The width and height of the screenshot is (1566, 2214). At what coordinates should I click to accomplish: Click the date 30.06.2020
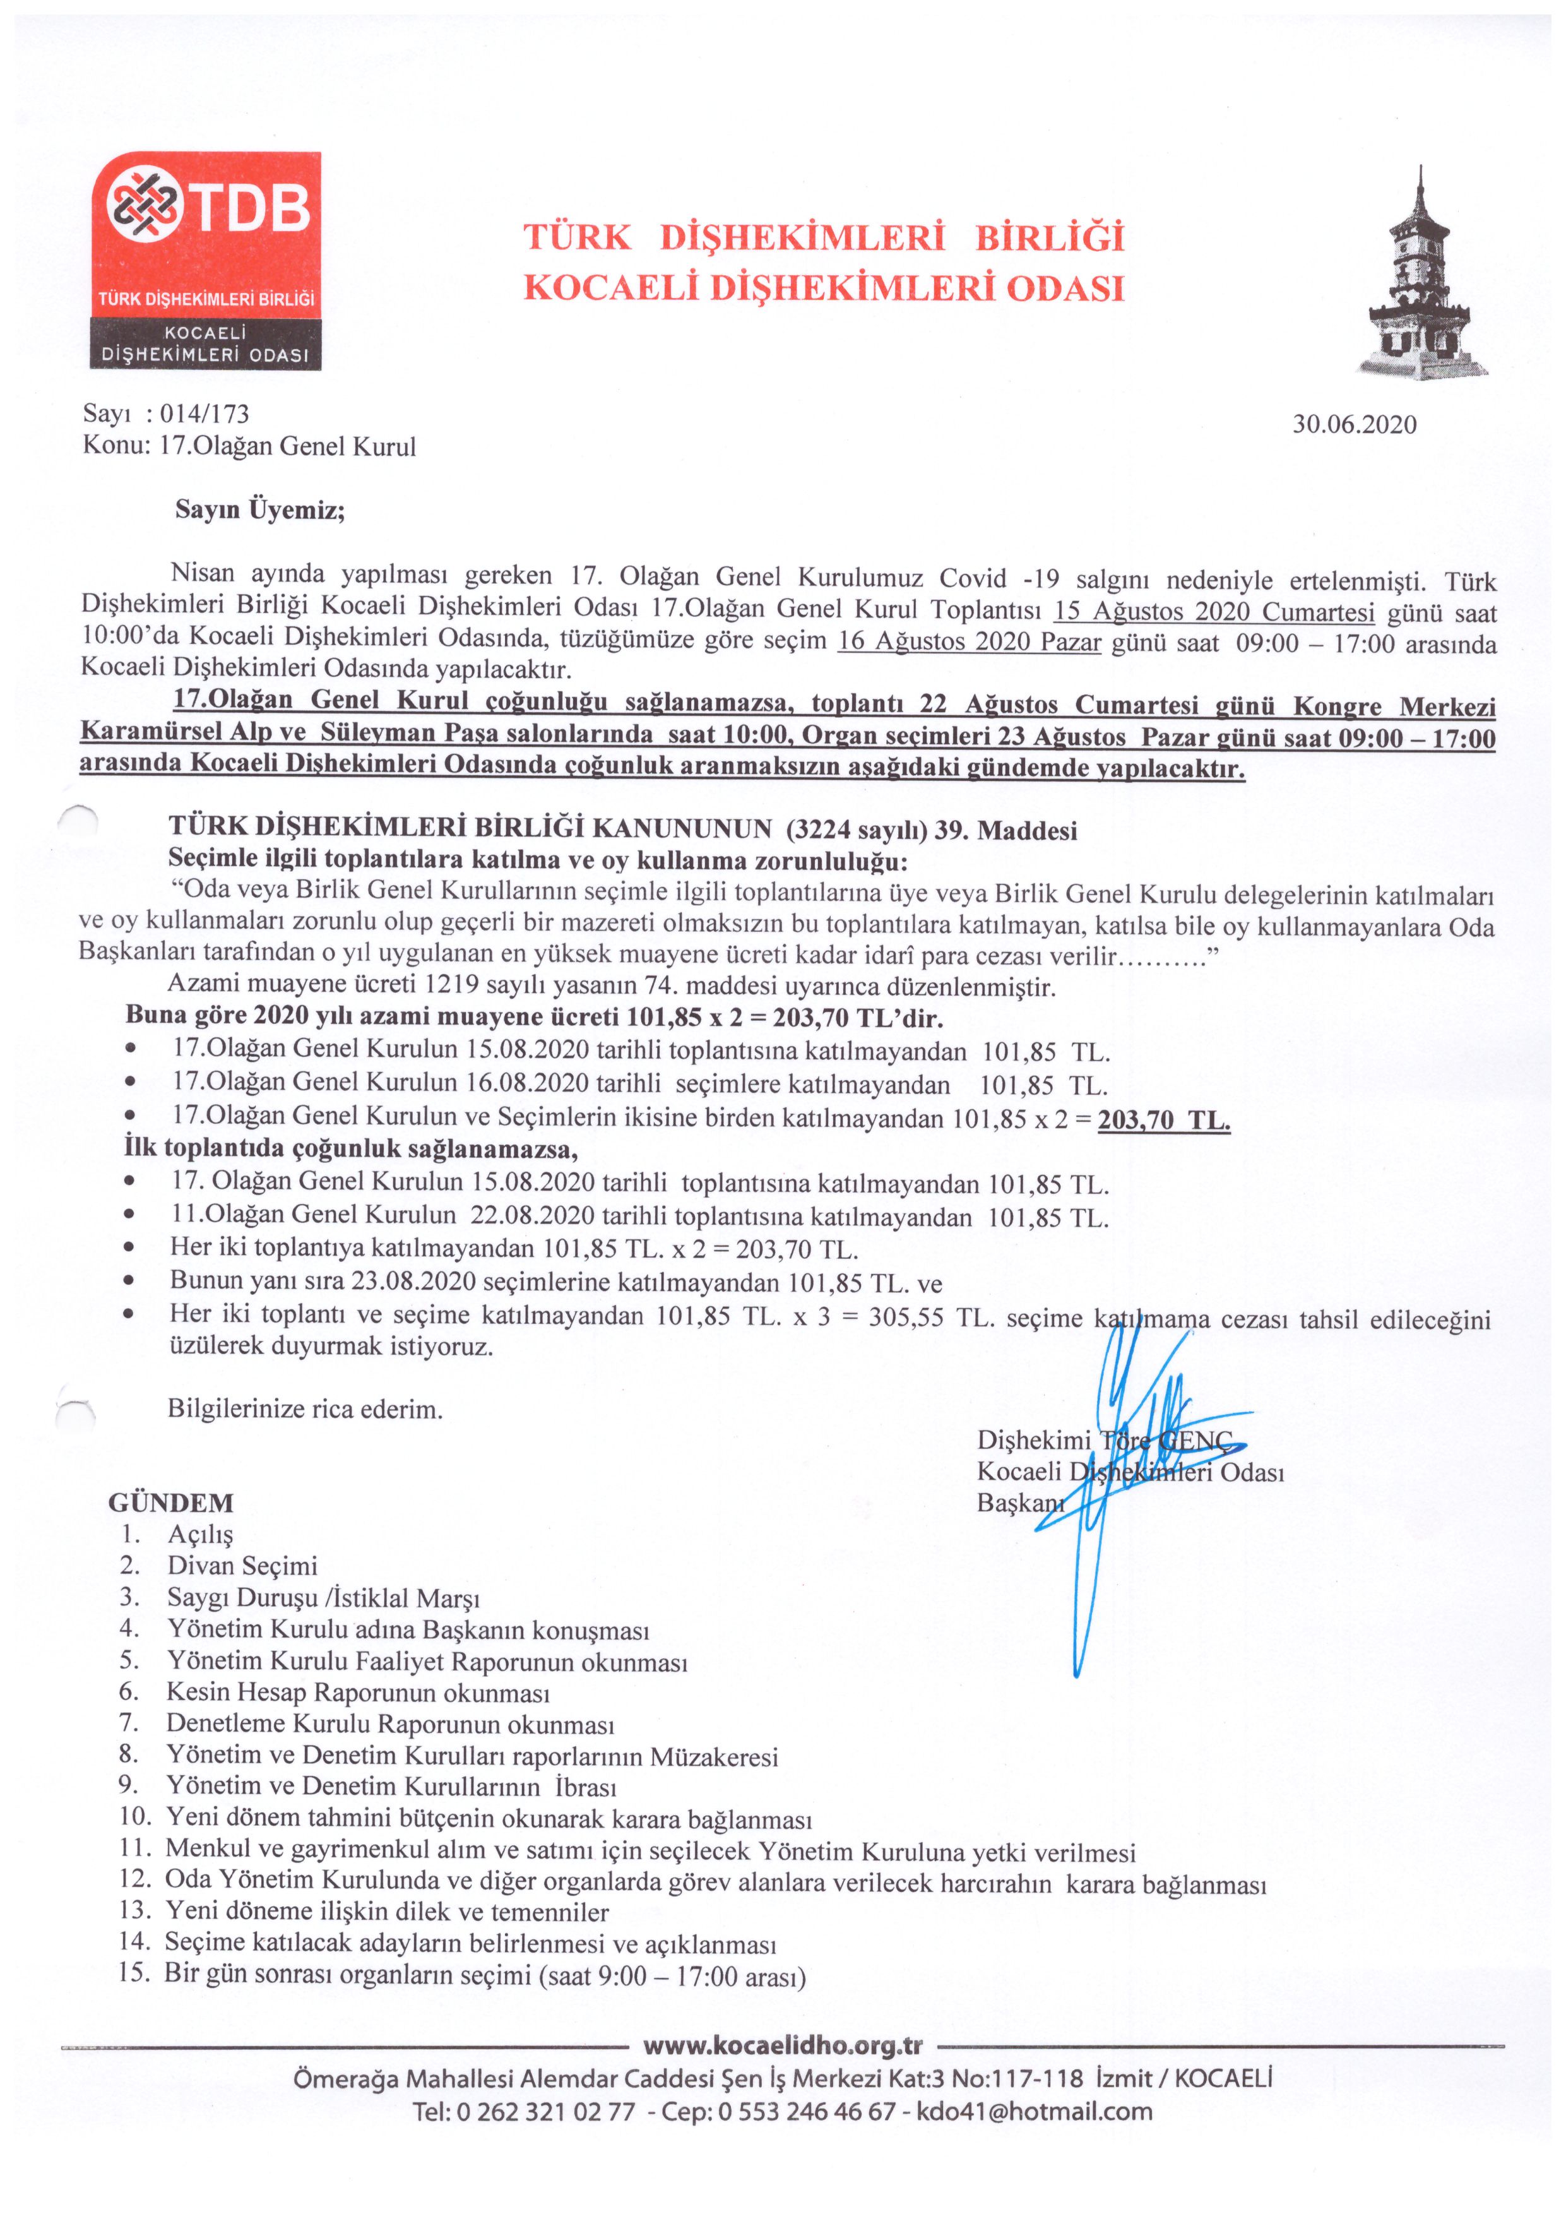point(1354,426)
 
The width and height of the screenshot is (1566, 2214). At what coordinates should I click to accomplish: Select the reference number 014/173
point(205,415)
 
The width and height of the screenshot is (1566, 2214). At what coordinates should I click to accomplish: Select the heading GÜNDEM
point(170,1503)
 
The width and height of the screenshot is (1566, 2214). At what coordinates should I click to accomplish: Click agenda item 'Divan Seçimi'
point(242,1566)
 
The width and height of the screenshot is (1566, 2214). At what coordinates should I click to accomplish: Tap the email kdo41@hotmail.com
point(1034,2112)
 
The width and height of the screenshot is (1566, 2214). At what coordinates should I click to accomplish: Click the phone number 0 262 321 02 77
point(545,2112)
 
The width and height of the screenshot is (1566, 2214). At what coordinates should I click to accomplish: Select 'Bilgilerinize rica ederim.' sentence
point(305,1410)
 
